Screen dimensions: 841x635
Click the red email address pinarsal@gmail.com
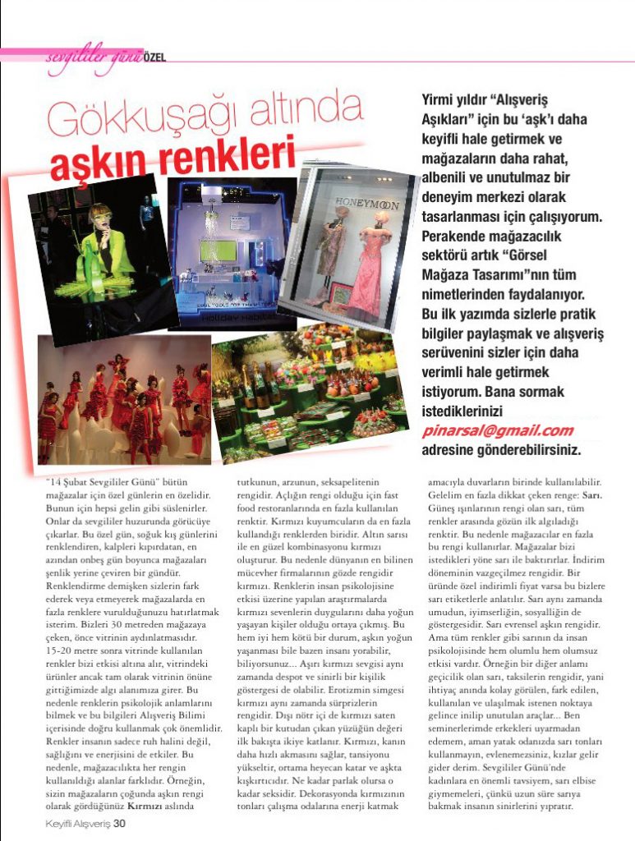pos(497,430)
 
